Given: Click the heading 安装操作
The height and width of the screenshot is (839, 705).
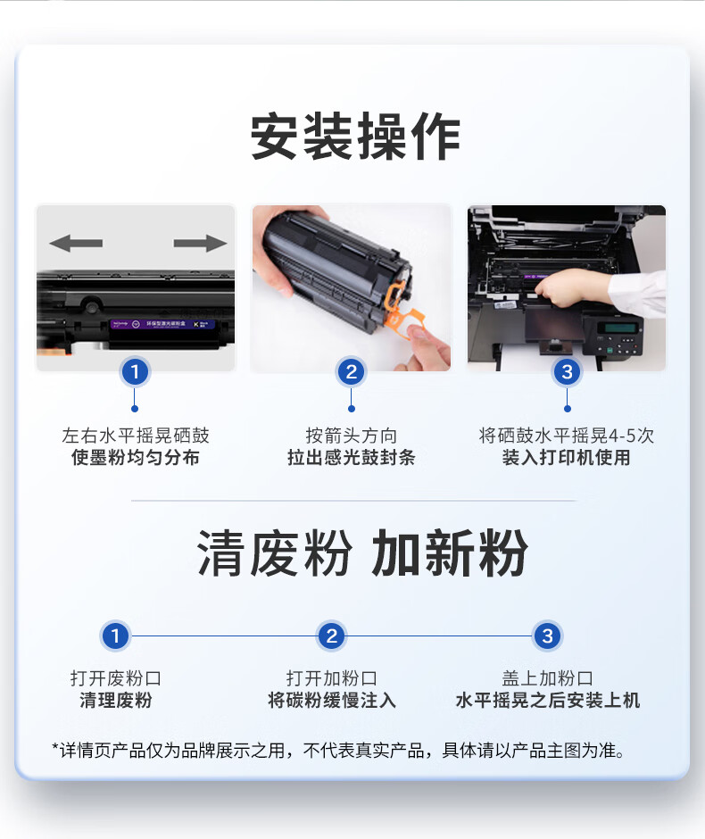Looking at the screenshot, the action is click(x=355, y=137).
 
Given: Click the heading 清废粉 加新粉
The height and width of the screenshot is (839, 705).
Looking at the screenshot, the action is click(x=362, y=553).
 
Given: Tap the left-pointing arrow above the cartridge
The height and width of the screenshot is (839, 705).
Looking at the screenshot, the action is click(x=76, y=243).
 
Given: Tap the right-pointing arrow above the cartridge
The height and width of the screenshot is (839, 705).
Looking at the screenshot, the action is click(x=200, y=243).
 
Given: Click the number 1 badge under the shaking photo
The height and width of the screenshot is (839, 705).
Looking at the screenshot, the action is click(x=135, y=371).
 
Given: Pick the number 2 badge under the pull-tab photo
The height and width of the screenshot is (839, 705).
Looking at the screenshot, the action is click(x=351, y=371).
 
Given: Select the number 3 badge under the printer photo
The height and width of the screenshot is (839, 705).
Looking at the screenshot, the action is click(x=567, y=371).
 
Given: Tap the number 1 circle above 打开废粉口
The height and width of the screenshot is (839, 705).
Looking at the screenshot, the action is click(x=115, y=636).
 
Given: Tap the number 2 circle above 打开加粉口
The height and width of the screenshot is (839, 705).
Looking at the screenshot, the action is click(x=332, y=636).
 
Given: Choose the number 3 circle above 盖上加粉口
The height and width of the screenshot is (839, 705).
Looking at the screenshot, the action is click(x=547, y=636).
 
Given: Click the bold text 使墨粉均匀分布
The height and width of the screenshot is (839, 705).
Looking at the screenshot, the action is click(x=136, y=458).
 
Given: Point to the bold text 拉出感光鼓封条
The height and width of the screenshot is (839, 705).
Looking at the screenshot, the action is click(x=352, y=458).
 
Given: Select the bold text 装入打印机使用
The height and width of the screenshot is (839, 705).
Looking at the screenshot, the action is click(x=567, y=458).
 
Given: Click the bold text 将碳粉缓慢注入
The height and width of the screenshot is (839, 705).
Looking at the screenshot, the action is click(x=332, y=700).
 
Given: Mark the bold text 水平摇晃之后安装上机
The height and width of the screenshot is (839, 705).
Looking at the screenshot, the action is click(x=548, y=700).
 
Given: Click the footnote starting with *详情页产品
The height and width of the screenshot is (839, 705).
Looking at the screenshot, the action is click(x=338, y=750).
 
